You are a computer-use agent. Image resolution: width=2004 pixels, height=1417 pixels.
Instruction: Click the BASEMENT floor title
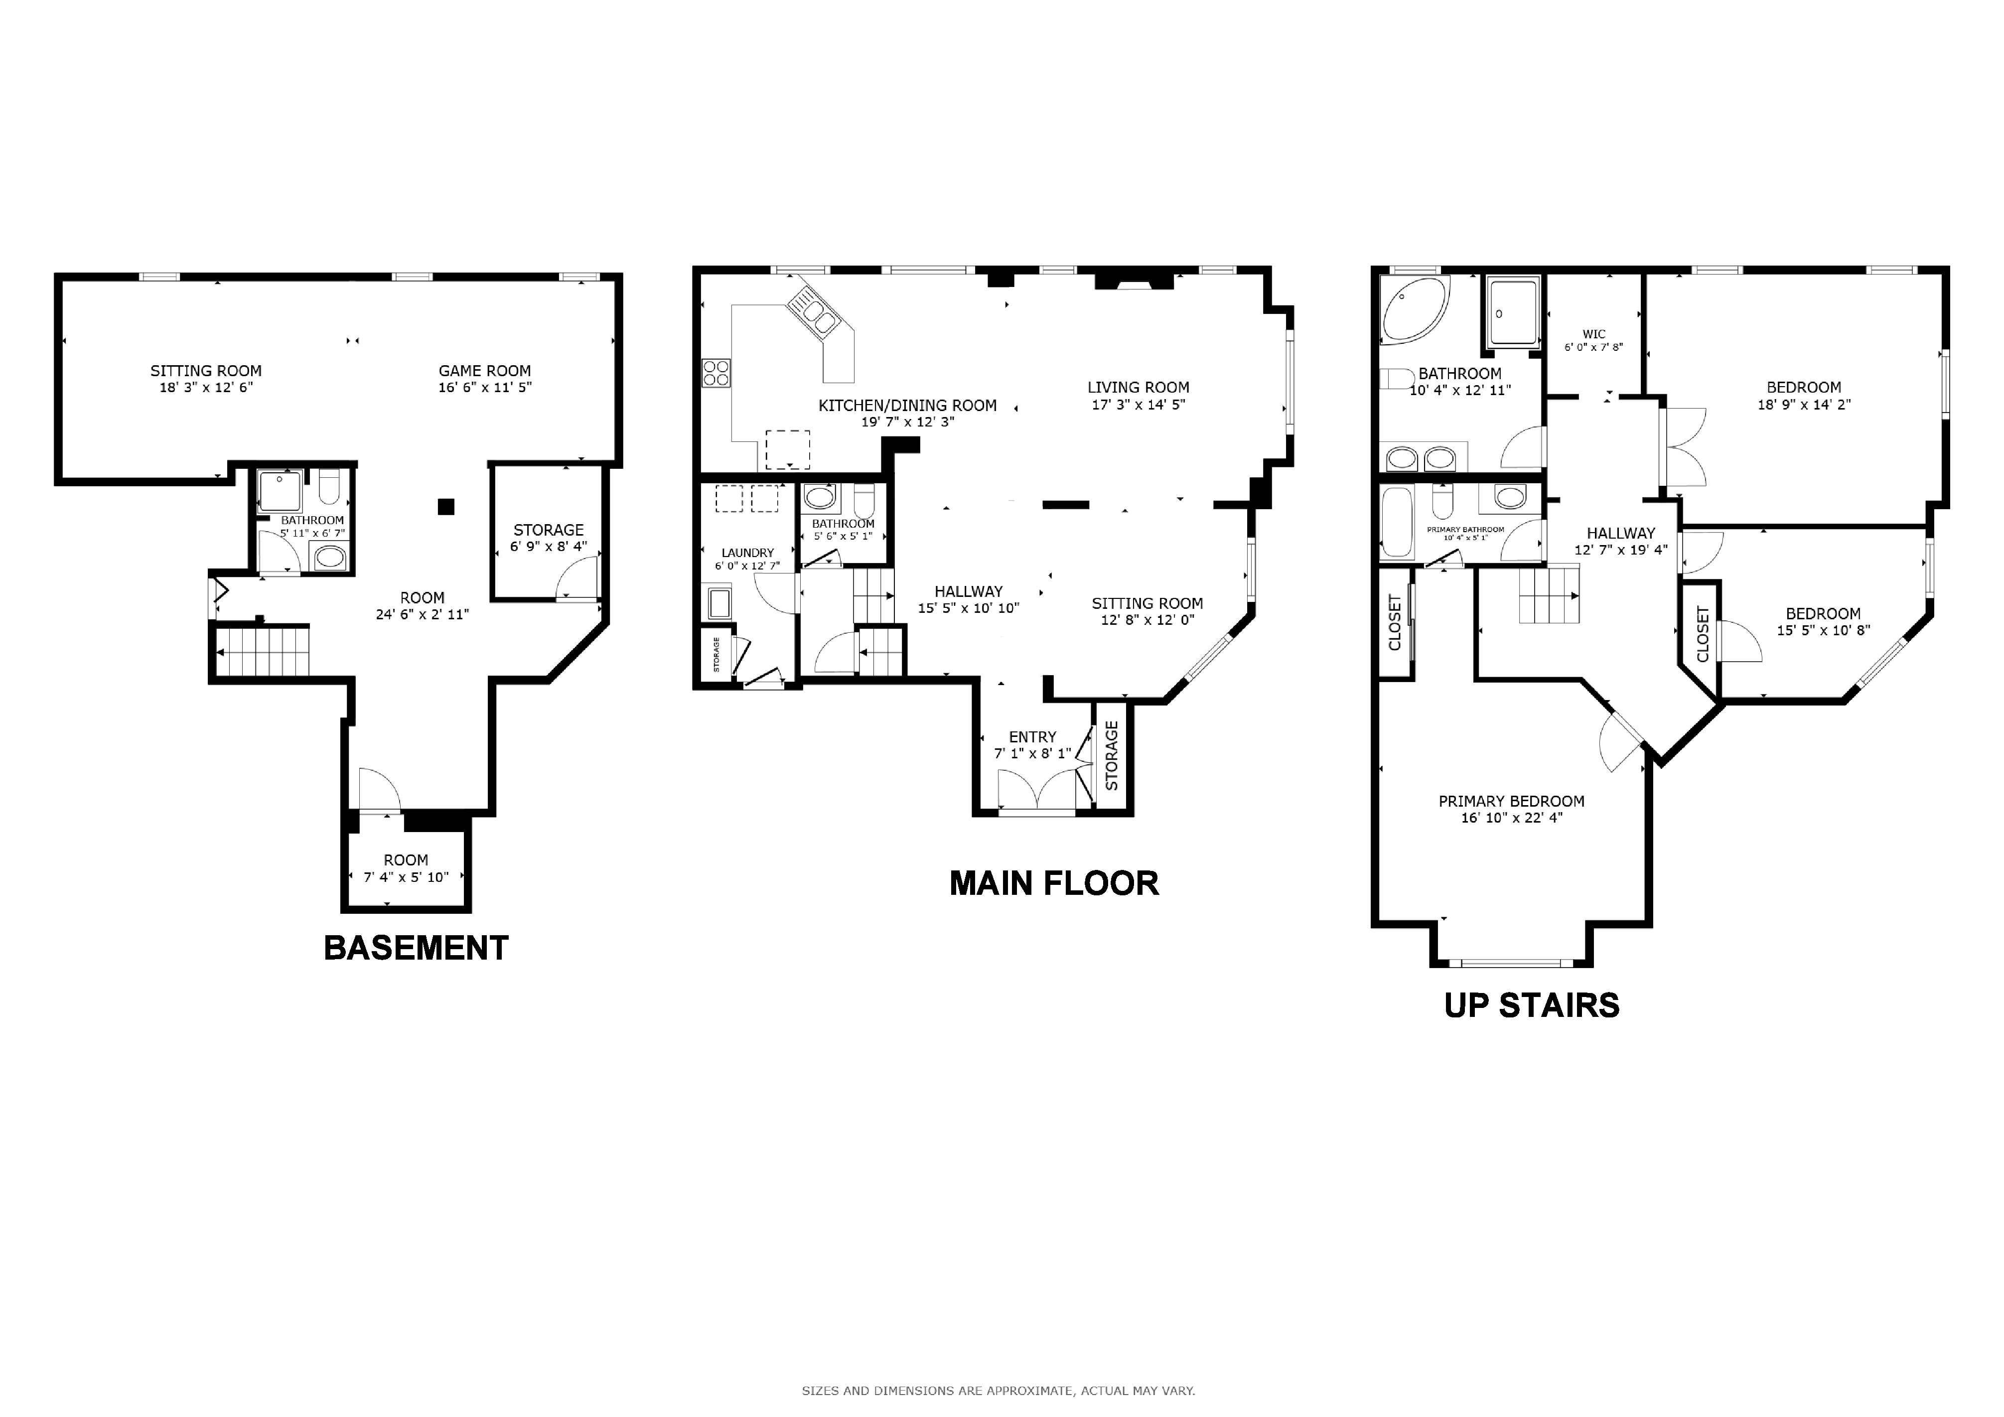[x=417, y=949]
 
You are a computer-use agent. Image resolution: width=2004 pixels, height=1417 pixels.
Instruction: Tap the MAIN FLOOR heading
[x=1054, y=884]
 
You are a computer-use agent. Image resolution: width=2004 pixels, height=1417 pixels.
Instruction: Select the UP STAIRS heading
[x=1532, y=1006]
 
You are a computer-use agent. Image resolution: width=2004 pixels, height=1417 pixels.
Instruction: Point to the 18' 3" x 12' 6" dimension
[x=206, y=388]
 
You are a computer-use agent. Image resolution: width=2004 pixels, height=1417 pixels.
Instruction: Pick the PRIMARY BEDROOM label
[x=1512, y=801]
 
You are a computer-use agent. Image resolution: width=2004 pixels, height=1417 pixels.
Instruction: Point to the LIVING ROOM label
[x=1138, y=388]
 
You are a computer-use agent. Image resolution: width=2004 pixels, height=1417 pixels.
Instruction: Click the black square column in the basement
[x=447, y=506]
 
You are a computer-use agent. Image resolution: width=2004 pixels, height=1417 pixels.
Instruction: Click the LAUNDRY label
[x=748, y=553]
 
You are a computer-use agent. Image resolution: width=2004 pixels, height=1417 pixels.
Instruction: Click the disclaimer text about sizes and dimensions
[x=999, y=1391]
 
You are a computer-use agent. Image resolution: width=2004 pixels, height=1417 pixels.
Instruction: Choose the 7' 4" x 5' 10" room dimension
[x=406, y=877]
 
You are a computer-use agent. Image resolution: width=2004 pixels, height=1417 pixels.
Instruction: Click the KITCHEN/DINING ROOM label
[x=908, y=406]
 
